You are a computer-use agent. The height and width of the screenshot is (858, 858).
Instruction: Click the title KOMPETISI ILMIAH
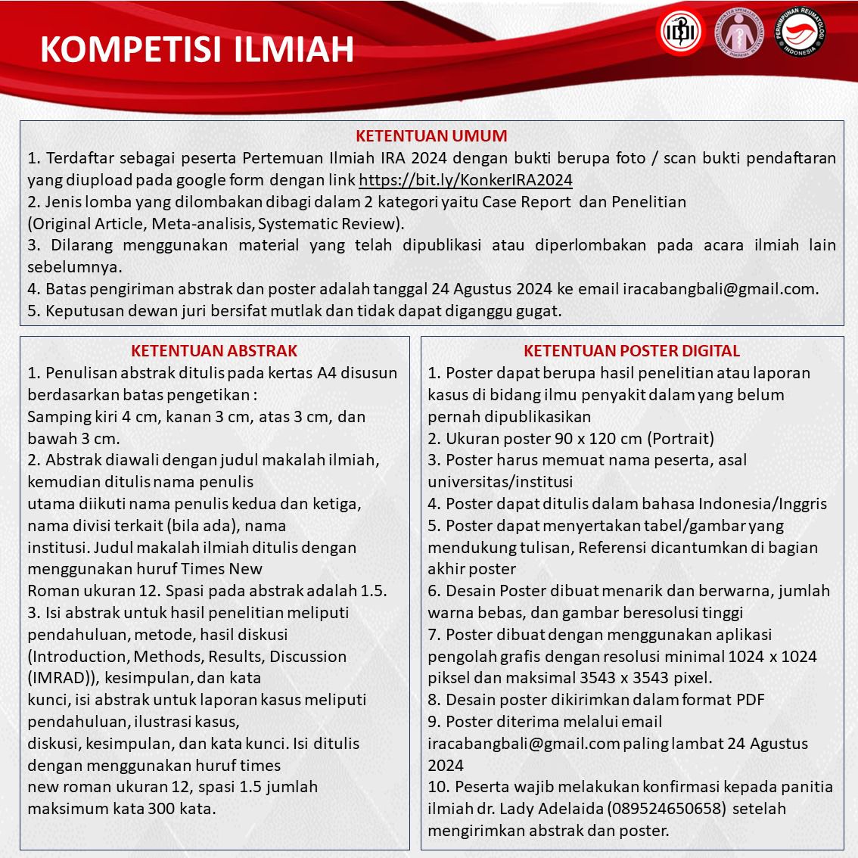[197, 48]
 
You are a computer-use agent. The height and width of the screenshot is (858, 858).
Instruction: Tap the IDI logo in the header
[679, 33]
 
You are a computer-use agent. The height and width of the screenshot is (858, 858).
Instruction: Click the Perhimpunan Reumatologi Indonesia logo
[799, 33]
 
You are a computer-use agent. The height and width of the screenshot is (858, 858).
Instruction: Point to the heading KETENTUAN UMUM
[431, 136]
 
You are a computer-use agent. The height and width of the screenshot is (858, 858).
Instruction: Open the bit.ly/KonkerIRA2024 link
[465, 180]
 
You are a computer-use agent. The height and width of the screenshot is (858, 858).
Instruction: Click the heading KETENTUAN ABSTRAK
[214, 351]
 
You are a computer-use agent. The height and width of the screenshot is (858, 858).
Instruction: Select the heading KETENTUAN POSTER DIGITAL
[632, 351]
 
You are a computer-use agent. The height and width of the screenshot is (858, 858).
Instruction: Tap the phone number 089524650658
[666, 808]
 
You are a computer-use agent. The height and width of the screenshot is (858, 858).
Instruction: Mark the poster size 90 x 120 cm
[583, 438]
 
